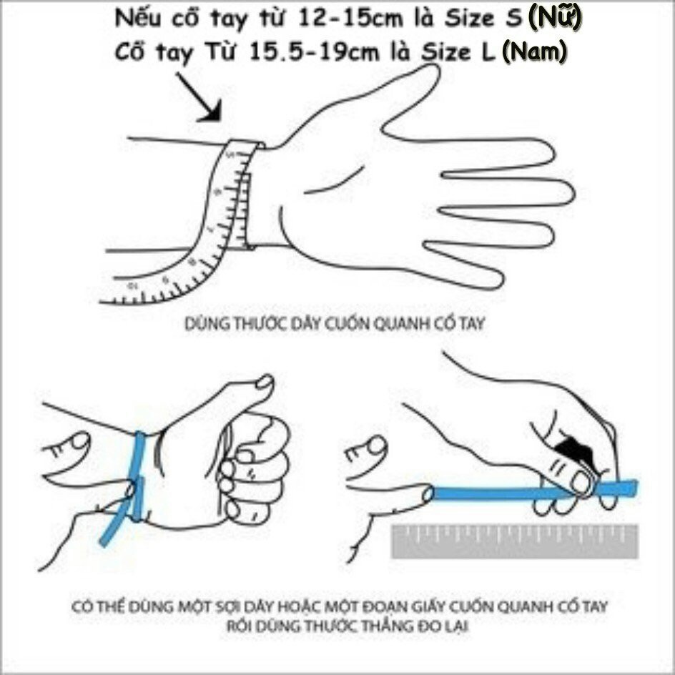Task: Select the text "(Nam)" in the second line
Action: tap(534, 51)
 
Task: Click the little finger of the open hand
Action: tap(465, 266)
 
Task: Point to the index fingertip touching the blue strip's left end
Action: tap(428, 493)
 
